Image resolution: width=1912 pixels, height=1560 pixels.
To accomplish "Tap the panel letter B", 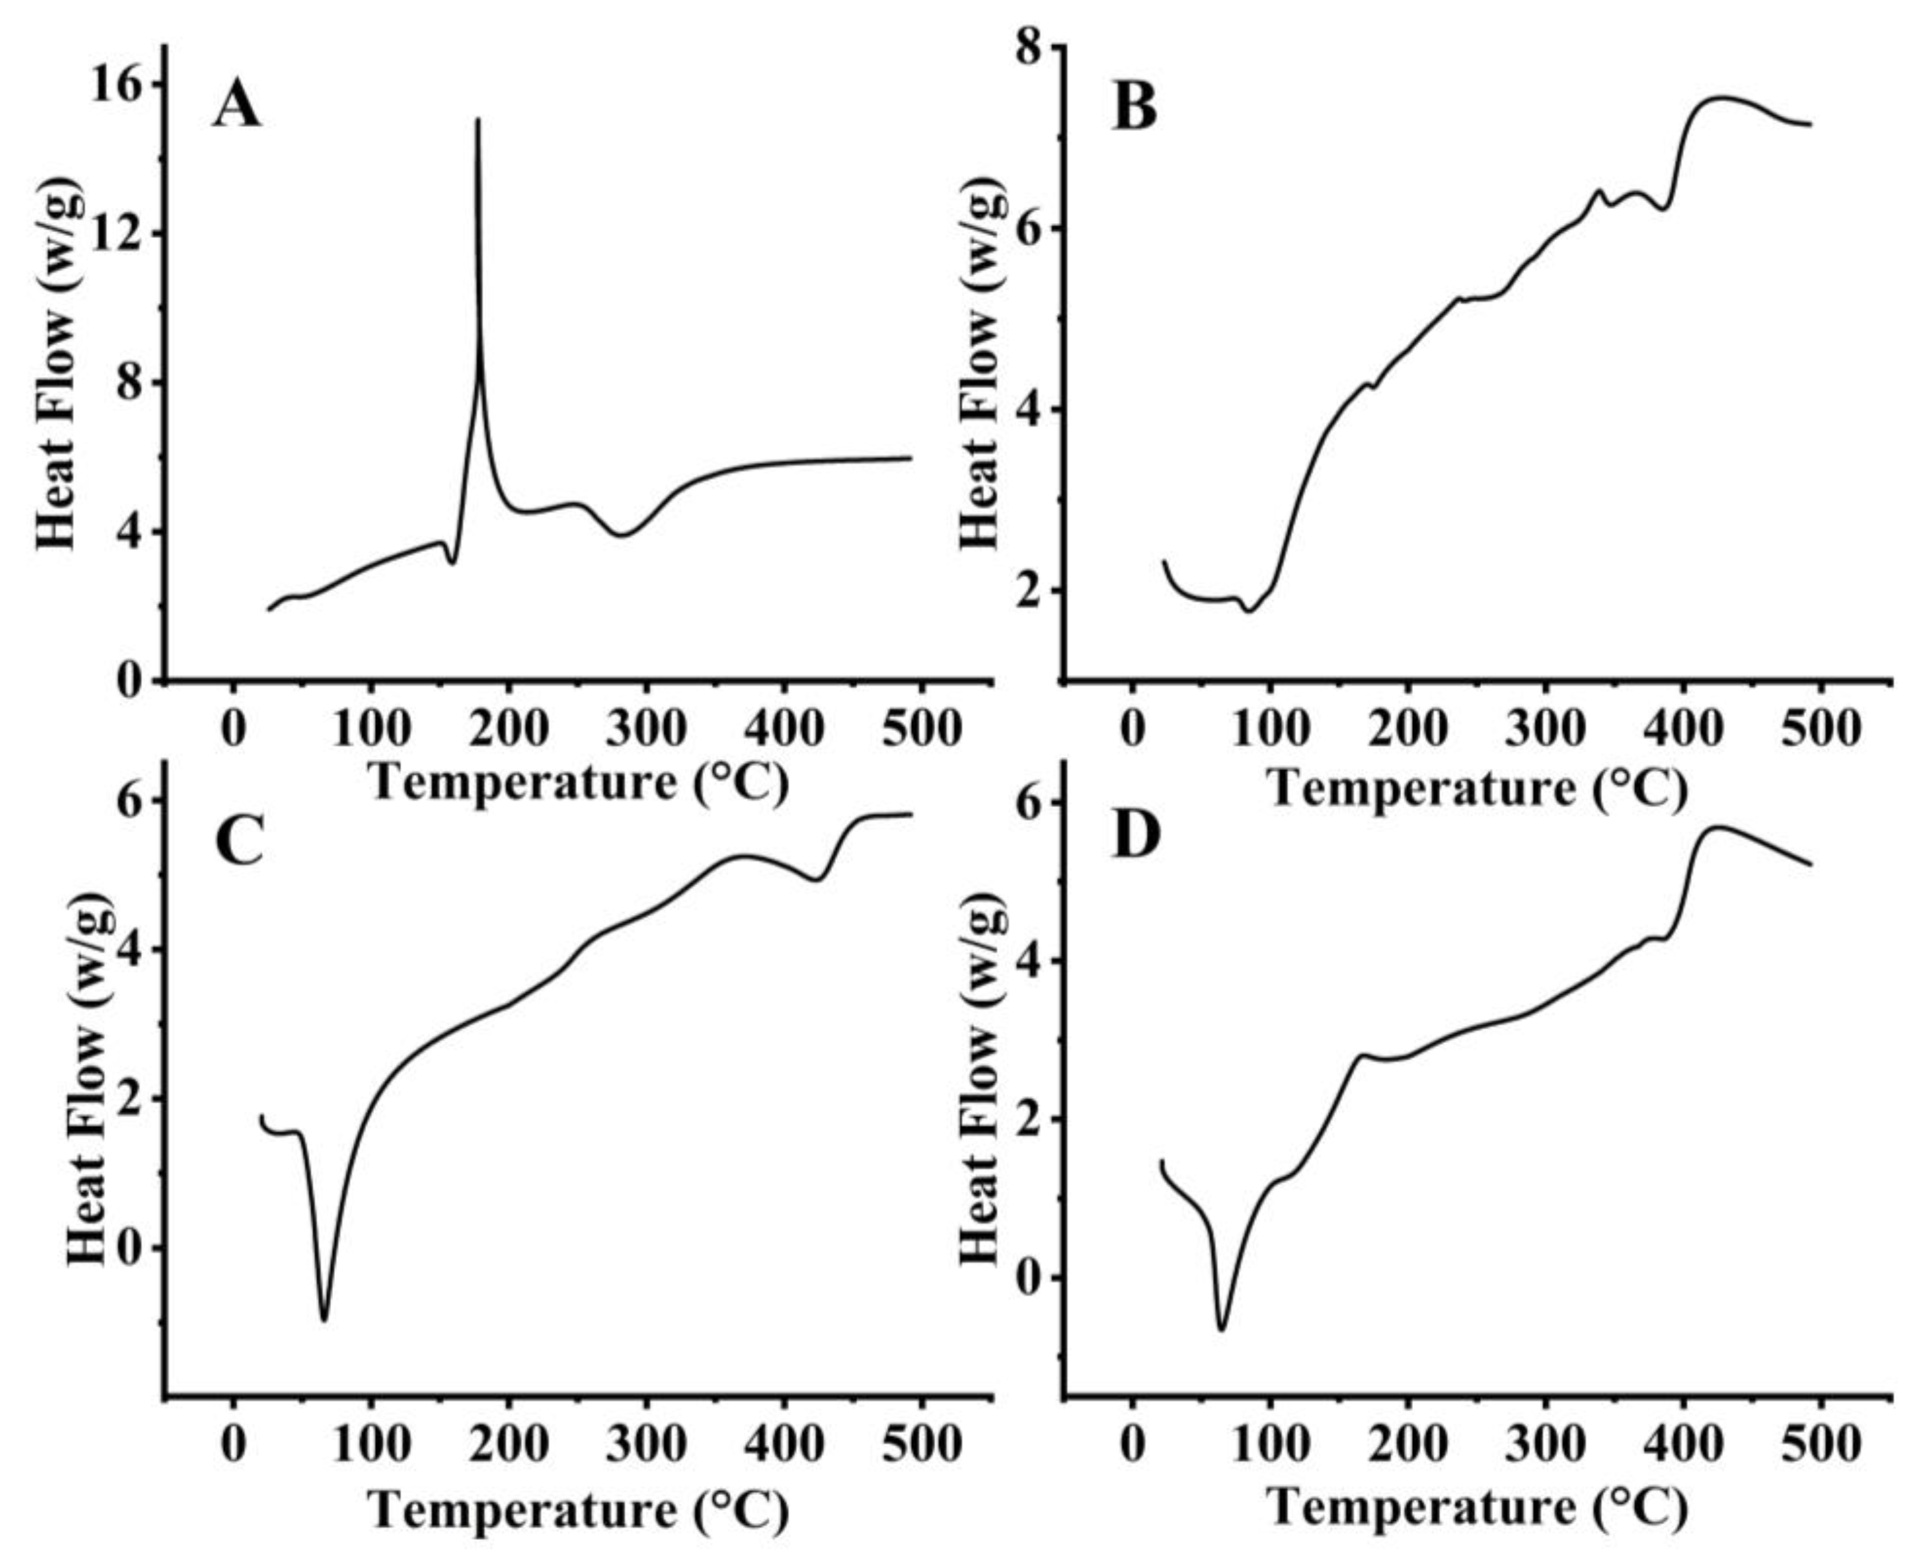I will [1135, 108].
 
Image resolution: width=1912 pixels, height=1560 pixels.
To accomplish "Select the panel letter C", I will [239, 841].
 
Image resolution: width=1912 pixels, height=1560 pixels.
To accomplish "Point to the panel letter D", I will [1136, 835].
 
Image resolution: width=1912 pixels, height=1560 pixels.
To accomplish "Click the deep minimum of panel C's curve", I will [324, 1320].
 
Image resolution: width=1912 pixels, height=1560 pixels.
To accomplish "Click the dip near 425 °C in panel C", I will [816, 880].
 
